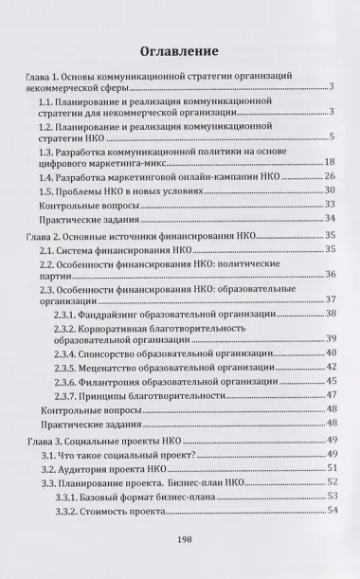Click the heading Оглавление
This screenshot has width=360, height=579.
[x=180, y=49]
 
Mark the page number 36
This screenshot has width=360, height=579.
[x=331, y=275]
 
